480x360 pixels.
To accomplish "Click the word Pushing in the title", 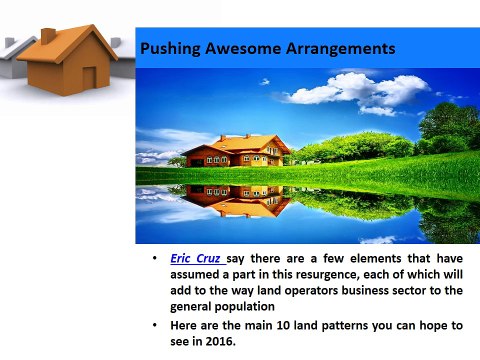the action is click(x=170, y=49).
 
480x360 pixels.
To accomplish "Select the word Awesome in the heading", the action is click(x=243, y=48).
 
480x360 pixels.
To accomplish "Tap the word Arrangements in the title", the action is click(x=341, y=49).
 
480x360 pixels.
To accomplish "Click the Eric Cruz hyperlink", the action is click(x=198, y=259).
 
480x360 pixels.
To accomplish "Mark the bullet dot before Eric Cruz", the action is click(x=154, y=258).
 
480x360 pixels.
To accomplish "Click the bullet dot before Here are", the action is click(x=154, y=324).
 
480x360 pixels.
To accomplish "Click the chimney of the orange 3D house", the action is click(x=48, y=36).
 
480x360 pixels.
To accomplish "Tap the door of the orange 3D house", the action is click(x=89, y=78).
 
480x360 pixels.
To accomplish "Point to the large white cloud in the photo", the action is click(x=358, y=91).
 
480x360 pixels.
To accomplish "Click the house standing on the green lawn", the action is click(x=236, y=151).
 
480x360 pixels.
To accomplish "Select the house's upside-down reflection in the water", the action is click(x=236, y=201).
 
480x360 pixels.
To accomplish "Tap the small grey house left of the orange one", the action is click(x=15, y=57).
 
